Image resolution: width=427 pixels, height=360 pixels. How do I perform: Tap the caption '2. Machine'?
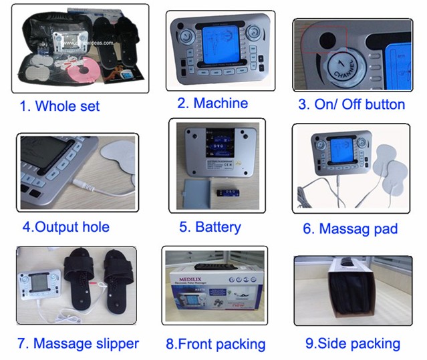point(212,103)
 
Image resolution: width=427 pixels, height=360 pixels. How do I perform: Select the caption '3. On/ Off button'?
point(351,104)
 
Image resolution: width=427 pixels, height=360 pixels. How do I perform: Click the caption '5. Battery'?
point(210,226)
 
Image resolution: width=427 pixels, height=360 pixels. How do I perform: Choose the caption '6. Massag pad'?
point(350,228)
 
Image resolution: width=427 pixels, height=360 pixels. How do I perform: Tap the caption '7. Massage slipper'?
point(78,343)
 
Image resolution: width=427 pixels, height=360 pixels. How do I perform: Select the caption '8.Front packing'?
point(215,345)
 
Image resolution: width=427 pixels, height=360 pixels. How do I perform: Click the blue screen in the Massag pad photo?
point(338,153)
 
